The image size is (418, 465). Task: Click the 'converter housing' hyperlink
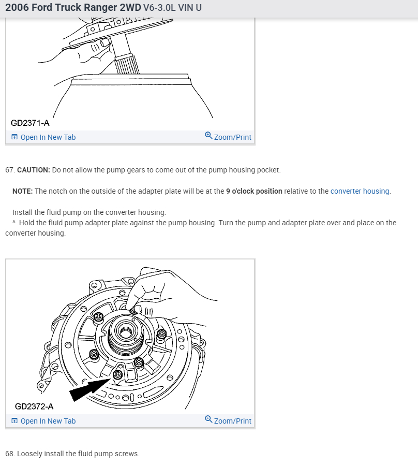point(360,191)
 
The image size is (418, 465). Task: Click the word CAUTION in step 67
point(34,170)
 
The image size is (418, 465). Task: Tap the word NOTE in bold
point(22,191)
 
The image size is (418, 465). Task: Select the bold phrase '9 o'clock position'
point(254,191)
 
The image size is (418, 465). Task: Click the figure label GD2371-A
point(30,123)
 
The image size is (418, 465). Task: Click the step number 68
point(9,454)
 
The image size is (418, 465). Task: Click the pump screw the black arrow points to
point(118,374)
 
